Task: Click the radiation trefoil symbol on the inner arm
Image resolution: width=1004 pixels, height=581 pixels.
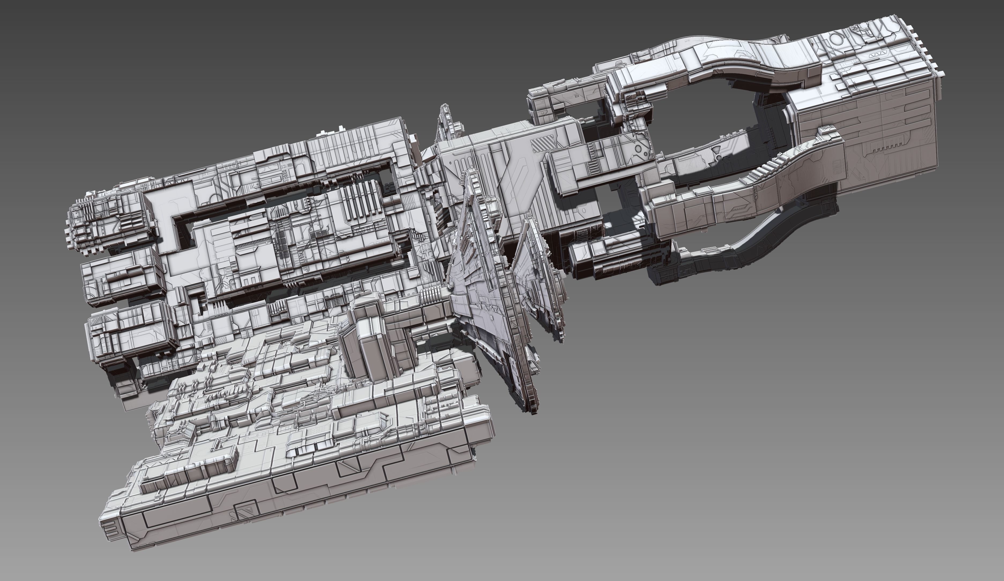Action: [717, 156]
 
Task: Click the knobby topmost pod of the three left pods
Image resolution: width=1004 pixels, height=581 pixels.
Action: [108, 221]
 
